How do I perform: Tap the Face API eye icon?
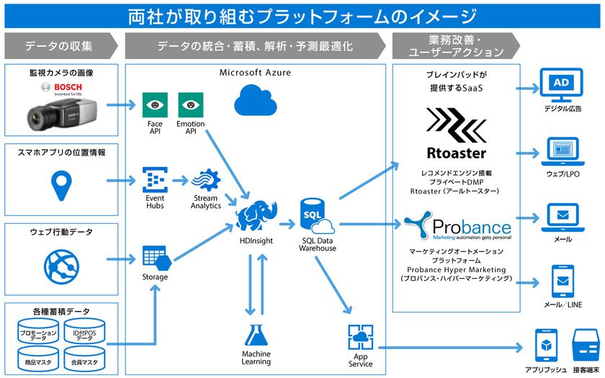154,105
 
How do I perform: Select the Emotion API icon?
191,105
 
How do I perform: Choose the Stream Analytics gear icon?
207,180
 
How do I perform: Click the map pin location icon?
61,186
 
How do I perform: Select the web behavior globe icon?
61,262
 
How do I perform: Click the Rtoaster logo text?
456,153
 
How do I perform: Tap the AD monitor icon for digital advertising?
562,86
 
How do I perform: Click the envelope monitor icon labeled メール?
562,216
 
